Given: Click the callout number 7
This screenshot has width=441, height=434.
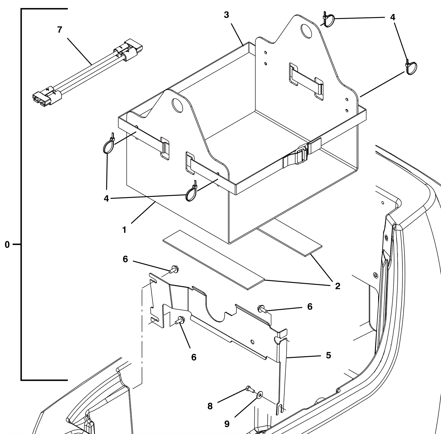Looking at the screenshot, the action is tap(60, 30).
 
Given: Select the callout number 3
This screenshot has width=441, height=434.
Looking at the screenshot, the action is tap(226, 15).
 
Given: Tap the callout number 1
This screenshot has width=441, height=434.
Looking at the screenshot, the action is tap(124, 230).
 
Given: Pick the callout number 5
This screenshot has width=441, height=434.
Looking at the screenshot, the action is tap(328, 355).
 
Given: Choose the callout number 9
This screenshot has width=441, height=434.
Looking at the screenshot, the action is tap(227, 424).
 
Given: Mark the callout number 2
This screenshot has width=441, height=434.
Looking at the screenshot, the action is tap(338, 286).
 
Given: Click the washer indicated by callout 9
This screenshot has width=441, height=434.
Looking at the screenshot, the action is tap(260, 395).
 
